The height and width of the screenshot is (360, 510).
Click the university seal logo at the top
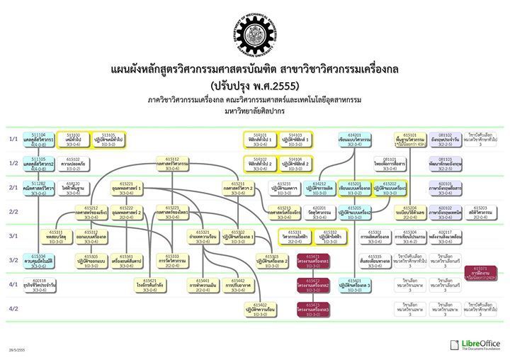click(x=255, y=35)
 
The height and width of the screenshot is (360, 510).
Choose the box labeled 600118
click(x=38, y=283)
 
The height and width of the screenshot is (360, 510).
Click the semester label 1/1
click(x=13, y=139)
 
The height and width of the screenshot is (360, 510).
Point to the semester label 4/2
click(x=13, y=308)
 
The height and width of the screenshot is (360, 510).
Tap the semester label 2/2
click(x=13, y=211)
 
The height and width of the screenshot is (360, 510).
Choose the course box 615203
click(x=480, y=210)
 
